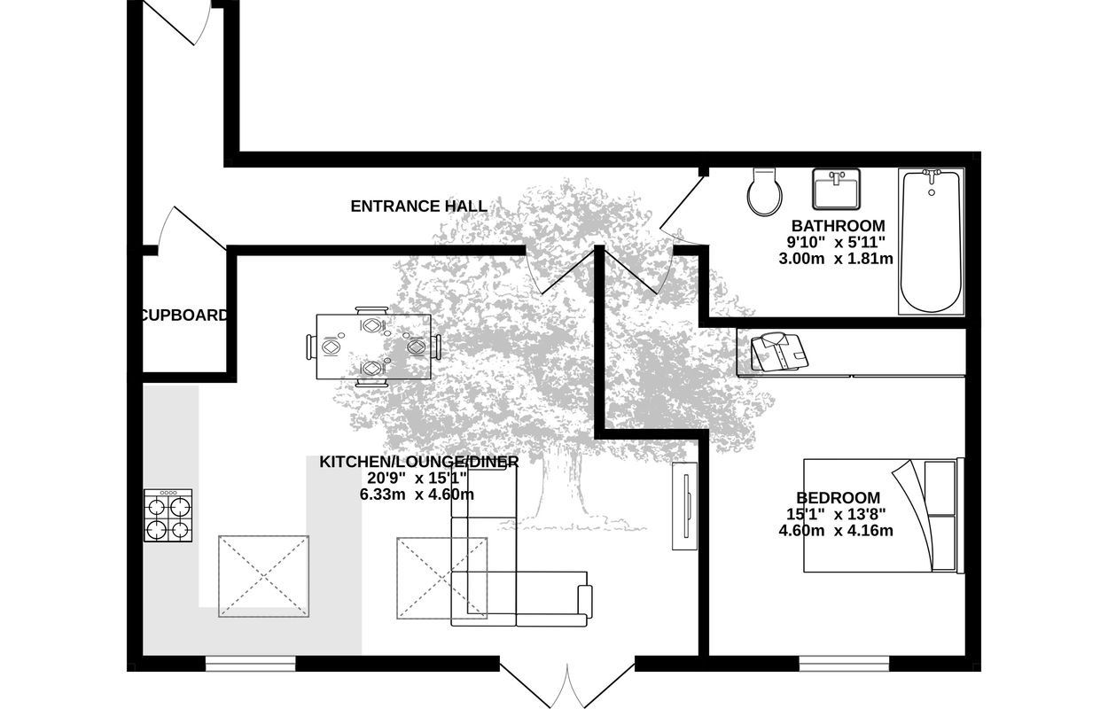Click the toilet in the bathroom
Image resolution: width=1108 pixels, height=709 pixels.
(765, 191)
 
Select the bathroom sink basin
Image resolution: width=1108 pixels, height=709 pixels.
(836, 189)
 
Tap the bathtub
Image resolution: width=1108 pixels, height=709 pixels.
(931, 241)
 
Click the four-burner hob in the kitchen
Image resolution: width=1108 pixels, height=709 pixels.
(168, 515)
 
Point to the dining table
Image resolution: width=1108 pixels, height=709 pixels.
(373, 347)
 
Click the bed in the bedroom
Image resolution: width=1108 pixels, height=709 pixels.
(884, 516)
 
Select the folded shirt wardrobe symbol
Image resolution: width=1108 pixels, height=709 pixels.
(779, 352)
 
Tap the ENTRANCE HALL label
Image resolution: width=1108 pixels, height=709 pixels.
(419, 206)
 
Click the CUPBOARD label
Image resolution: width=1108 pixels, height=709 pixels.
(184, 315)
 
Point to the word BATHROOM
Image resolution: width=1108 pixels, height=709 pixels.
(838, 226)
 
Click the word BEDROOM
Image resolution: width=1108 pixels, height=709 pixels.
(838, 497)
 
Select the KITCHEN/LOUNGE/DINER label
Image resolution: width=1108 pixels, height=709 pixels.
(419, 462)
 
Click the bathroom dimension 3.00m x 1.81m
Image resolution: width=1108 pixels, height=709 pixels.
(836, 259)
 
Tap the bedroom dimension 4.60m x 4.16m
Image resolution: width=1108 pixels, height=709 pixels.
(836, 531)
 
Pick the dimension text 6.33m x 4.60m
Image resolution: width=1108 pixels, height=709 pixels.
(417, 495)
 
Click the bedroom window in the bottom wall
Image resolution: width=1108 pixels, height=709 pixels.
(844, 664)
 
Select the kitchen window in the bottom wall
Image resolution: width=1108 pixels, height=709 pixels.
(250, 664)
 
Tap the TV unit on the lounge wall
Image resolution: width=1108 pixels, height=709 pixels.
(684, 506)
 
